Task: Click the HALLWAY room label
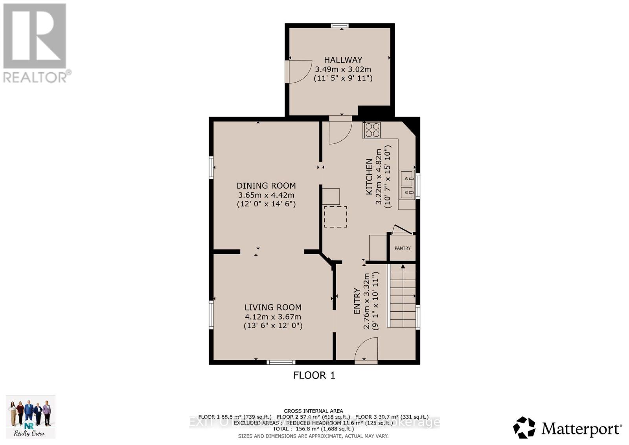point(343,60)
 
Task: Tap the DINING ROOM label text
point(266,186)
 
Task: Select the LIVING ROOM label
point(273,307)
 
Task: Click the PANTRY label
point(403,248)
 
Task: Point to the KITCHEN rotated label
point(369,177)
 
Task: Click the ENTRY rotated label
point(357,301)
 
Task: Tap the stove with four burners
point(372,130)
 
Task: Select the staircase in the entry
point(402,296)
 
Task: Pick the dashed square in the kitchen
point(335,217)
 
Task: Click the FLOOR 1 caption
point(314,375)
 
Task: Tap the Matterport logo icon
point(524,427)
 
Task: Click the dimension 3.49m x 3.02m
point(343,69)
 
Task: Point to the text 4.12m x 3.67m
point(273,316)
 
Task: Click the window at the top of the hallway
point(340,26)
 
